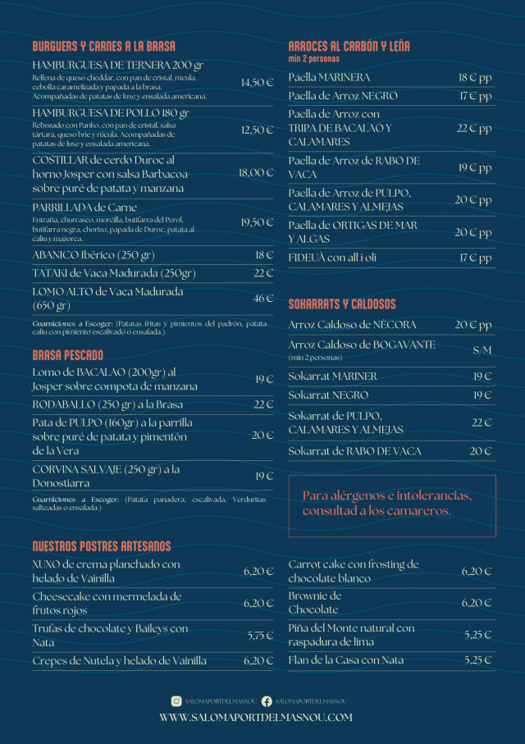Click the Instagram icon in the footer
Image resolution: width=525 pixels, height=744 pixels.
tap(176, 701)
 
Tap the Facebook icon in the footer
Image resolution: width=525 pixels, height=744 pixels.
tap(267, 701)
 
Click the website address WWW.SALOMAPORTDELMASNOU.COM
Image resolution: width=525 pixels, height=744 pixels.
tap(256, 717)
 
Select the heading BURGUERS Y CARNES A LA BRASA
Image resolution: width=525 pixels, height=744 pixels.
tap(103, 47)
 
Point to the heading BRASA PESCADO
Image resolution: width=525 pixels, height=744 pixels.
tap(68, 355)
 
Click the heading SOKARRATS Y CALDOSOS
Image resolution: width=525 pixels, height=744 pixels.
tap(342, 304)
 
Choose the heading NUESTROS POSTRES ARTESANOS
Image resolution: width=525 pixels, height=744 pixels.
tap(102, 546)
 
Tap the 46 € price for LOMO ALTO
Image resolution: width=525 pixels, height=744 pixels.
tap(263, 299)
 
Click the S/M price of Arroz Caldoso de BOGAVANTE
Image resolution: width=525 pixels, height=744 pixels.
tap(482, 350)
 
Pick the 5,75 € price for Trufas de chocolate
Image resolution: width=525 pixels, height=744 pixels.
tap(260, 635)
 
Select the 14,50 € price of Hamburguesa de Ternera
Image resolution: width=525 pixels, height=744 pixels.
tap(257, 83)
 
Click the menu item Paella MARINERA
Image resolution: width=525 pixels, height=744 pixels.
tap(329, 77)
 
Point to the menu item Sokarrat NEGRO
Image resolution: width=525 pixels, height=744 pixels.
tap(328, 395)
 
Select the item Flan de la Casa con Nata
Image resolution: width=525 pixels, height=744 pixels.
tap(346, 660)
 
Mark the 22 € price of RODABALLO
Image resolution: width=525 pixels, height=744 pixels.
tap(263, 404)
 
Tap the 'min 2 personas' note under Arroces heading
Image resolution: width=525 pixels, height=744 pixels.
tap(313, 59)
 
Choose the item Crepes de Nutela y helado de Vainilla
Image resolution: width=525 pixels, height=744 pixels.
tap(119, 660)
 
